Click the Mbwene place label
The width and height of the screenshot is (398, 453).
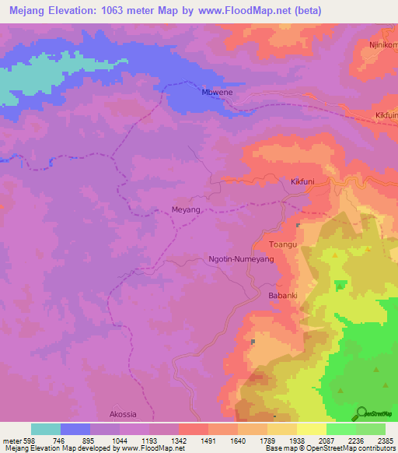pyautogui.click(x=218, y=93)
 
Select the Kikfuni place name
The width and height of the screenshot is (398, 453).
pyautogui.click(x=302, y=182)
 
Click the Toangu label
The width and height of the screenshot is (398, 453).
pyautogui.click(x=284, y=244)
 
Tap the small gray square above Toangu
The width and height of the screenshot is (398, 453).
pyautogui.click(x=298, y=225)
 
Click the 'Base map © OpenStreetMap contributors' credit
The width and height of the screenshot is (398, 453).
pyautogui.click(x=329, y=448)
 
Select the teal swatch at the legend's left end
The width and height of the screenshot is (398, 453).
pyautogui.click(x=46, y=429)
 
